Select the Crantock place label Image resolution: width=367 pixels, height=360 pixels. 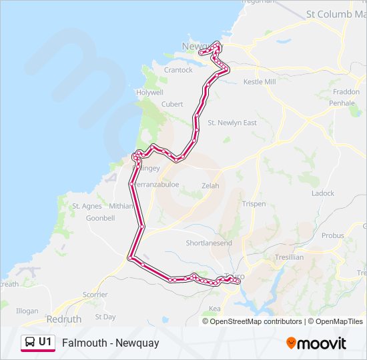pos(178,70)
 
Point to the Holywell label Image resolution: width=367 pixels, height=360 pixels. pos(149,93)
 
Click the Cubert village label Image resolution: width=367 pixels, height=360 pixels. pos(172,104)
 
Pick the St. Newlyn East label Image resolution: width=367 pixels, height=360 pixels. pos(232,123)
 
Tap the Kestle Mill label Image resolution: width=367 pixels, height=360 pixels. pos(260,81)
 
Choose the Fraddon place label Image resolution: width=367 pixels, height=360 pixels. pos(346,92)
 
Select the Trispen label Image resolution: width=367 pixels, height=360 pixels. pos(254,204)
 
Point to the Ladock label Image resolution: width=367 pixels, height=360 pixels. pos(323,193)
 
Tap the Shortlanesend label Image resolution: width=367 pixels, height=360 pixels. pos(209,243)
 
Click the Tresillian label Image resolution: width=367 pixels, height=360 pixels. pos(289,257)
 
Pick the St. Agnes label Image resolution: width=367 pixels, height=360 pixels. pos(87,206)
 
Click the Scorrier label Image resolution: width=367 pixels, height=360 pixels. pos(95,294)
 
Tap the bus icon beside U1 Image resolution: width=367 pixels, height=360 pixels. pos(29,343)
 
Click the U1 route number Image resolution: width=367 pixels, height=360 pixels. pos(45,342)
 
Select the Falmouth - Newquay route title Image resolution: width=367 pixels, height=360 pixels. pos(110,343)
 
